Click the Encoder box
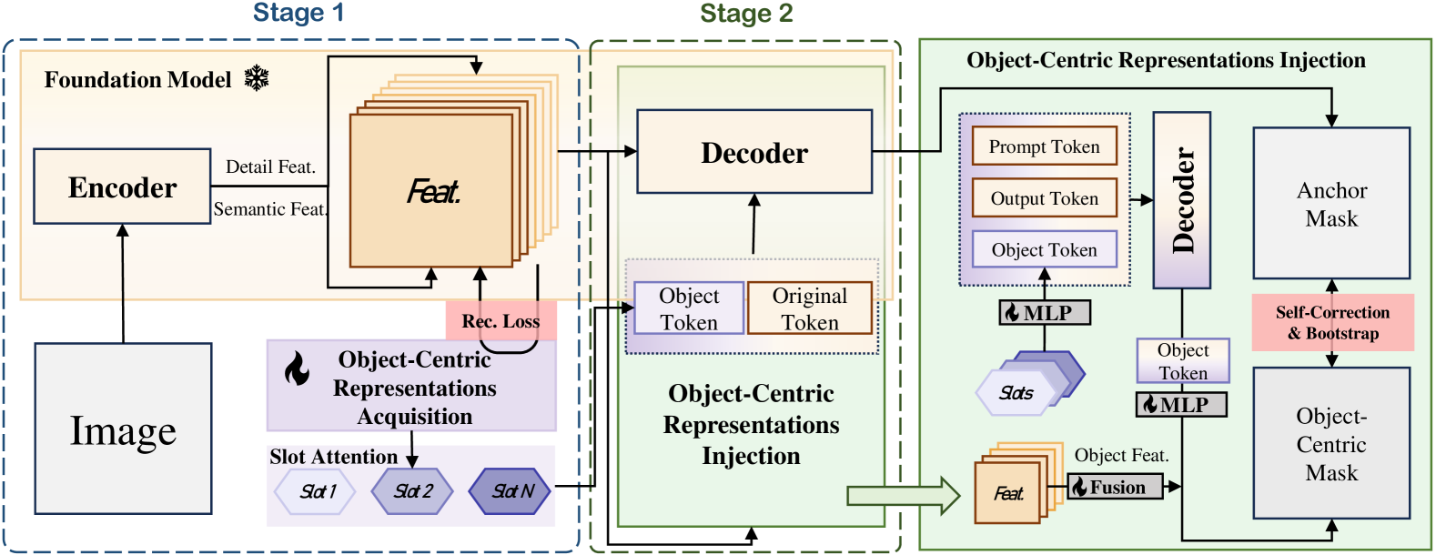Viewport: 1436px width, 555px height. pos(122,187)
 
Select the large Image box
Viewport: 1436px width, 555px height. pos(123,429)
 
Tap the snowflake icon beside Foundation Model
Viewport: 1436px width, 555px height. pos(257,78)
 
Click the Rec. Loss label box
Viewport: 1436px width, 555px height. pos(501,320)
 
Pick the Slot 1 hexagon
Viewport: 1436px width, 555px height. pos(315,491)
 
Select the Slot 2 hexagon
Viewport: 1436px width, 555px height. pos(412,491)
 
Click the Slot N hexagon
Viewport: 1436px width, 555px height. pos(511,491)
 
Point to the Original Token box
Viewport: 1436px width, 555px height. pos(810,308)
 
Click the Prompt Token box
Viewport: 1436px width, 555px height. pos(1045,146)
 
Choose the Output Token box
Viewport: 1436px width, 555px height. pos(1045,198)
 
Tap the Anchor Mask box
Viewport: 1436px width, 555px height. pos(1331,203)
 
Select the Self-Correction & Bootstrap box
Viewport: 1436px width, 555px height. pos(1333,322)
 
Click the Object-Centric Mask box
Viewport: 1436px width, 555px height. pos(1331,443)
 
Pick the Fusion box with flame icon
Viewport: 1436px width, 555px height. pos(1115,487)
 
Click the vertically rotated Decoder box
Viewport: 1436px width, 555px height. pos(1182,200)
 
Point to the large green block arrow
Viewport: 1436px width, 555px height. pos(904,495)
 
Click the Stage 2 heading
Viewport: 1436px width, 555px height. pos(746,13)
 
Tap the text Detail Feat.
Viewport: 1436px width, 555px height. pos(270,167)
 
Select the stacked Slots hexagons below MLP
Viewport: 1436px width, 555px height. pos(1029,383)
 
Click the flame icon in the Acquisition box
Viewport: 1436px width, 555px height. pos(297,368)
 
